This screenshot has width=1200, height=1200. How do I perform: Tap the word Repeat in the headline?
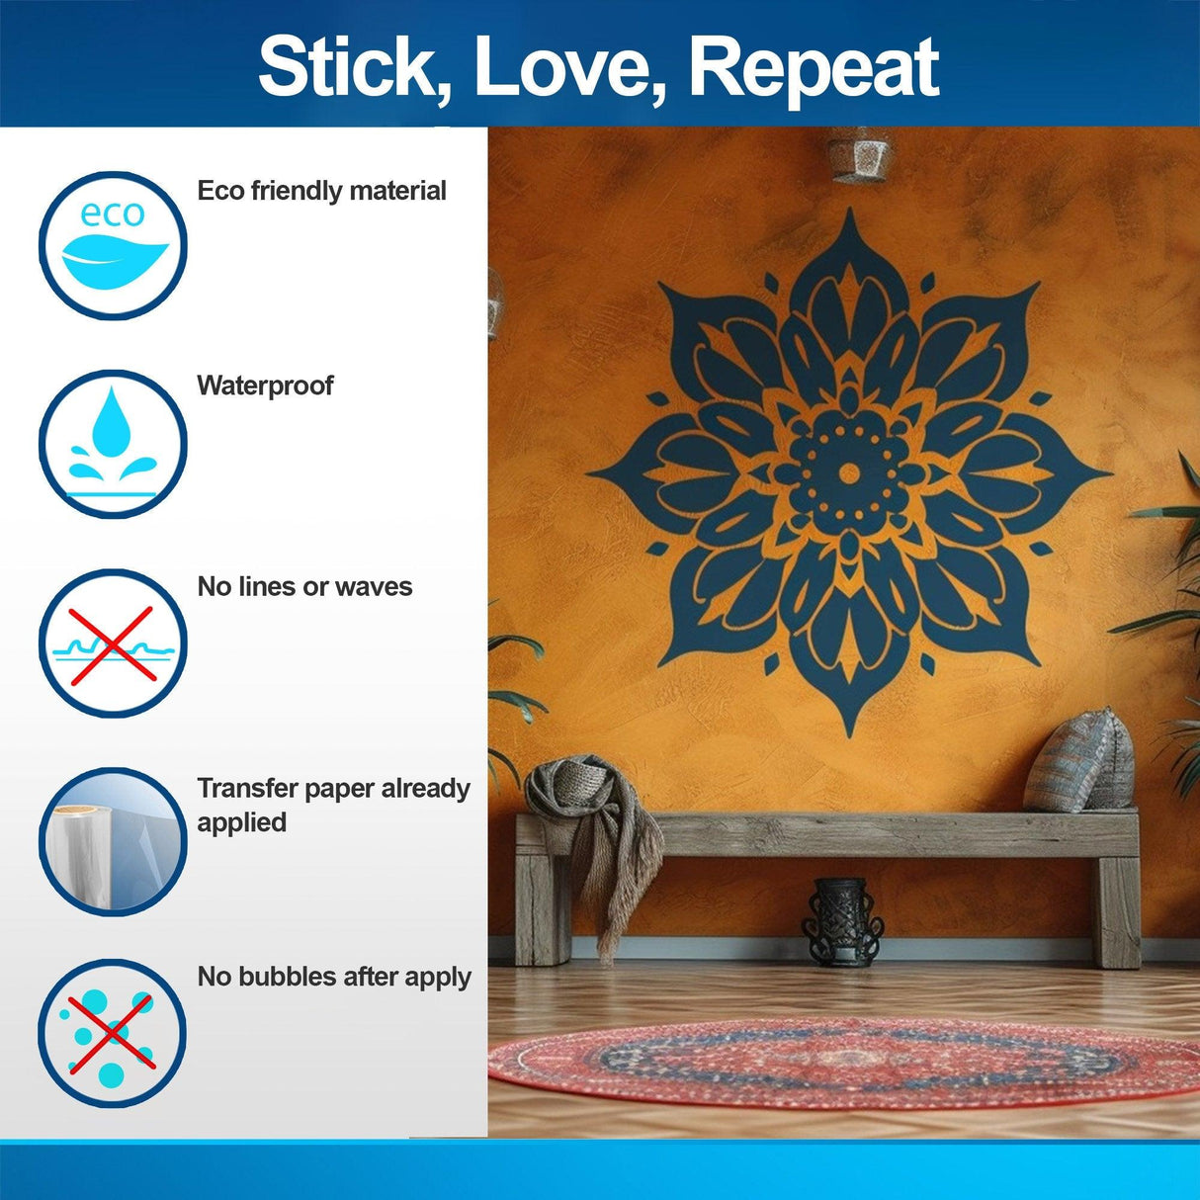pos(813,67)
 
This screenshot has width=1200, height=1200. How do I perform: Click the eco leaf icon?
pos(113,246)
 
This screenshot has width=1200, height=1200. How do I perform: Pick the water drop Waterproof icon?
pos(113,444)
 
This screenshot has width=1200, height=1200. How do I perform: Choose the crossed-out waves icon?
pos(113,643)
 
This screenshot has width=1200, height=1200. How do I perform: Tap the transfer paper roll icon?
pos(113,841)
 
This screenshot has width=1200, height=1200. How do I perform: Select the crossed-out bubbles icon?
pos(113,1033)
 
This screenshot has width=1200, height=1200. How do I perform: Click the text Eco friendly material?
pos(321,191)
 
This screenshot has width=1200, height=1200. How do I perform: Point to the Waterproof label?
pos(265,386)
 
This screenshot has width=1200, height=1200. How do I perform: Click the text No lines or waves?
pos(304,587)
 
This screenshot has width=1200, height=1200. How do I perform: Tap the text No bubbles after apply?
pos(334,977)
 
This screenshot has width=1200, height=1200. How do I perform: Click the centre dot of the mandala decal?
pos(848,473)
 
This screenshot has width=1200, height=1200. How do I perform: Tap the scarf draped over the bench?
pos(593,830)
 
